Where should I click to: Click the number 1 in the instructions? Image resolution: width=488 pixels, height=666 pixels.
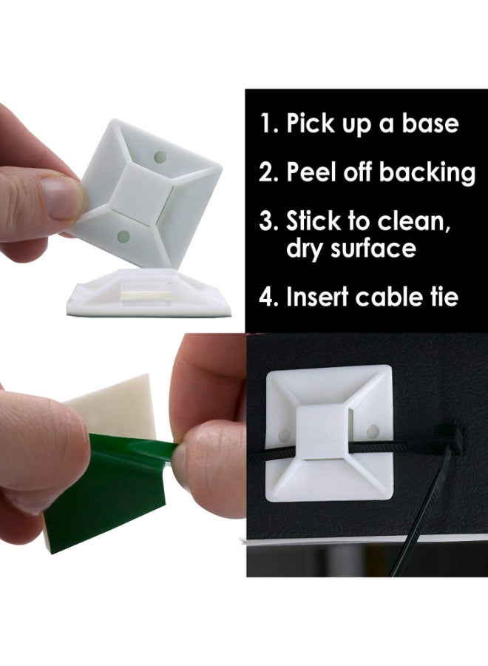pos(265,123)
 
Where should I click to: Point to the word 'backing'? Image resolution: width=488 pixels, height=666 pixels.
pos(427,173)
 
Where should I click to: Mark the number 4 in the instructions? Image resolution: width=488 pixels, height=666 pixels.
pos(266,297)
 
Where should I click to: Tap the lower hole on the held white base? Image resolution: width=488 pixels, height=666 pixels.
pos(123,237)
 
